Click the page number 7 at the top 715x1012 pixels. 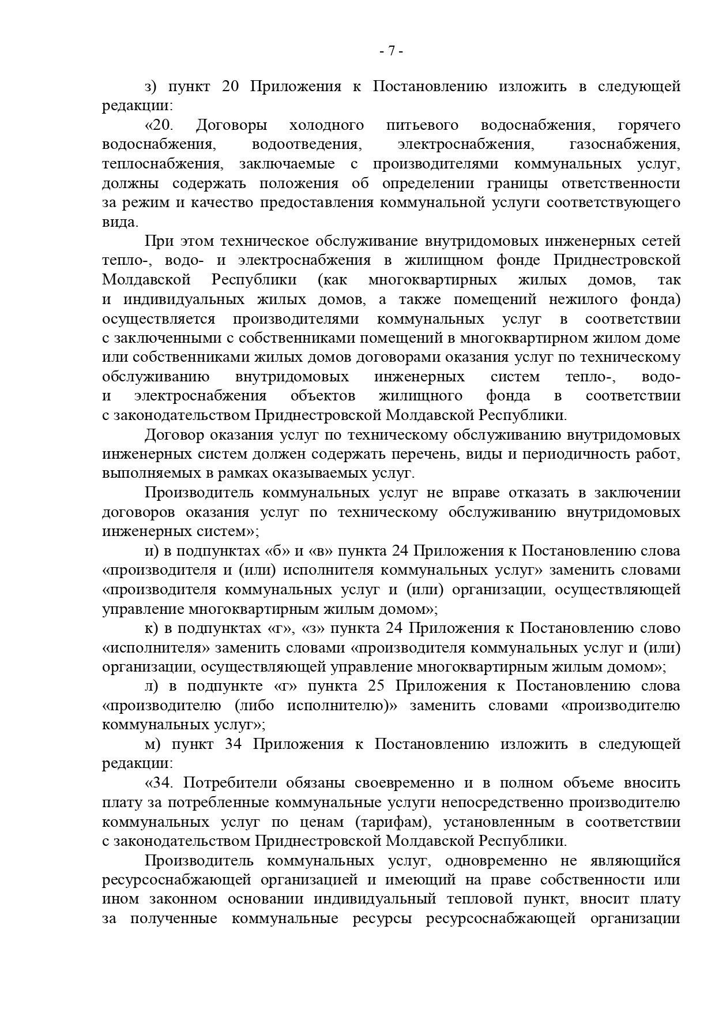(x=391, y=51)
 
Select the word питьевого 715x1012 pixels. (x=422, y=125)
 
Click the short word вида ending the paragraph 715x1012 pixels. (x=119, y=222)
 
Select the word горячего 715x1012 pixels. (x=649, y=125)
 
